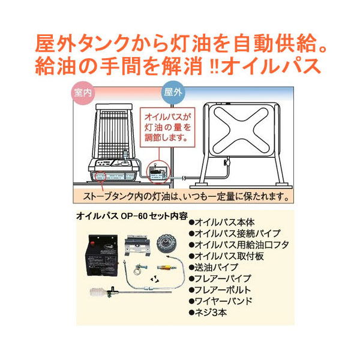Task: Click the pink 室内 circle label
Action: coord(83,93)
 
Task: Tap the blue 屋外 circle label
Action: coord(173,92)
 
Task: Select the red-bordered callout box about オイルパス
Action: coord(167,127)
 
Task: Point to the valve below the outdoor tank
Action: coord(227,162)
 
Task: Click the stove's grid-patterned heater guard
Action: coord(114,135)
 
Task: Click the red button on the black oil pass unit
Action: coord(93,242)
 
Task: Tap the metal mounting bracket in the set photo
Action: coord(137,245)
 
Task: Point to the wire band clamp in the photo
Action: coord(140,268)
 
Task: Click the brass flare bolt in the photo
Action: coord(167,267)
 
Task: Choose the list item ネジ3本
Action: coord(208,313)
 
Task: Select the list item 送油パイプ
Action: coord(213,267)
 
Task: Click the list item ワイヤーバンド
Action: coord(220,301)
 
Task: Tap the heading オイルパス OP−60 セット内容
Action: coord(132,216)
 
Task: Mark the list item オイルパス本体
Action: coord(222,222)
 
